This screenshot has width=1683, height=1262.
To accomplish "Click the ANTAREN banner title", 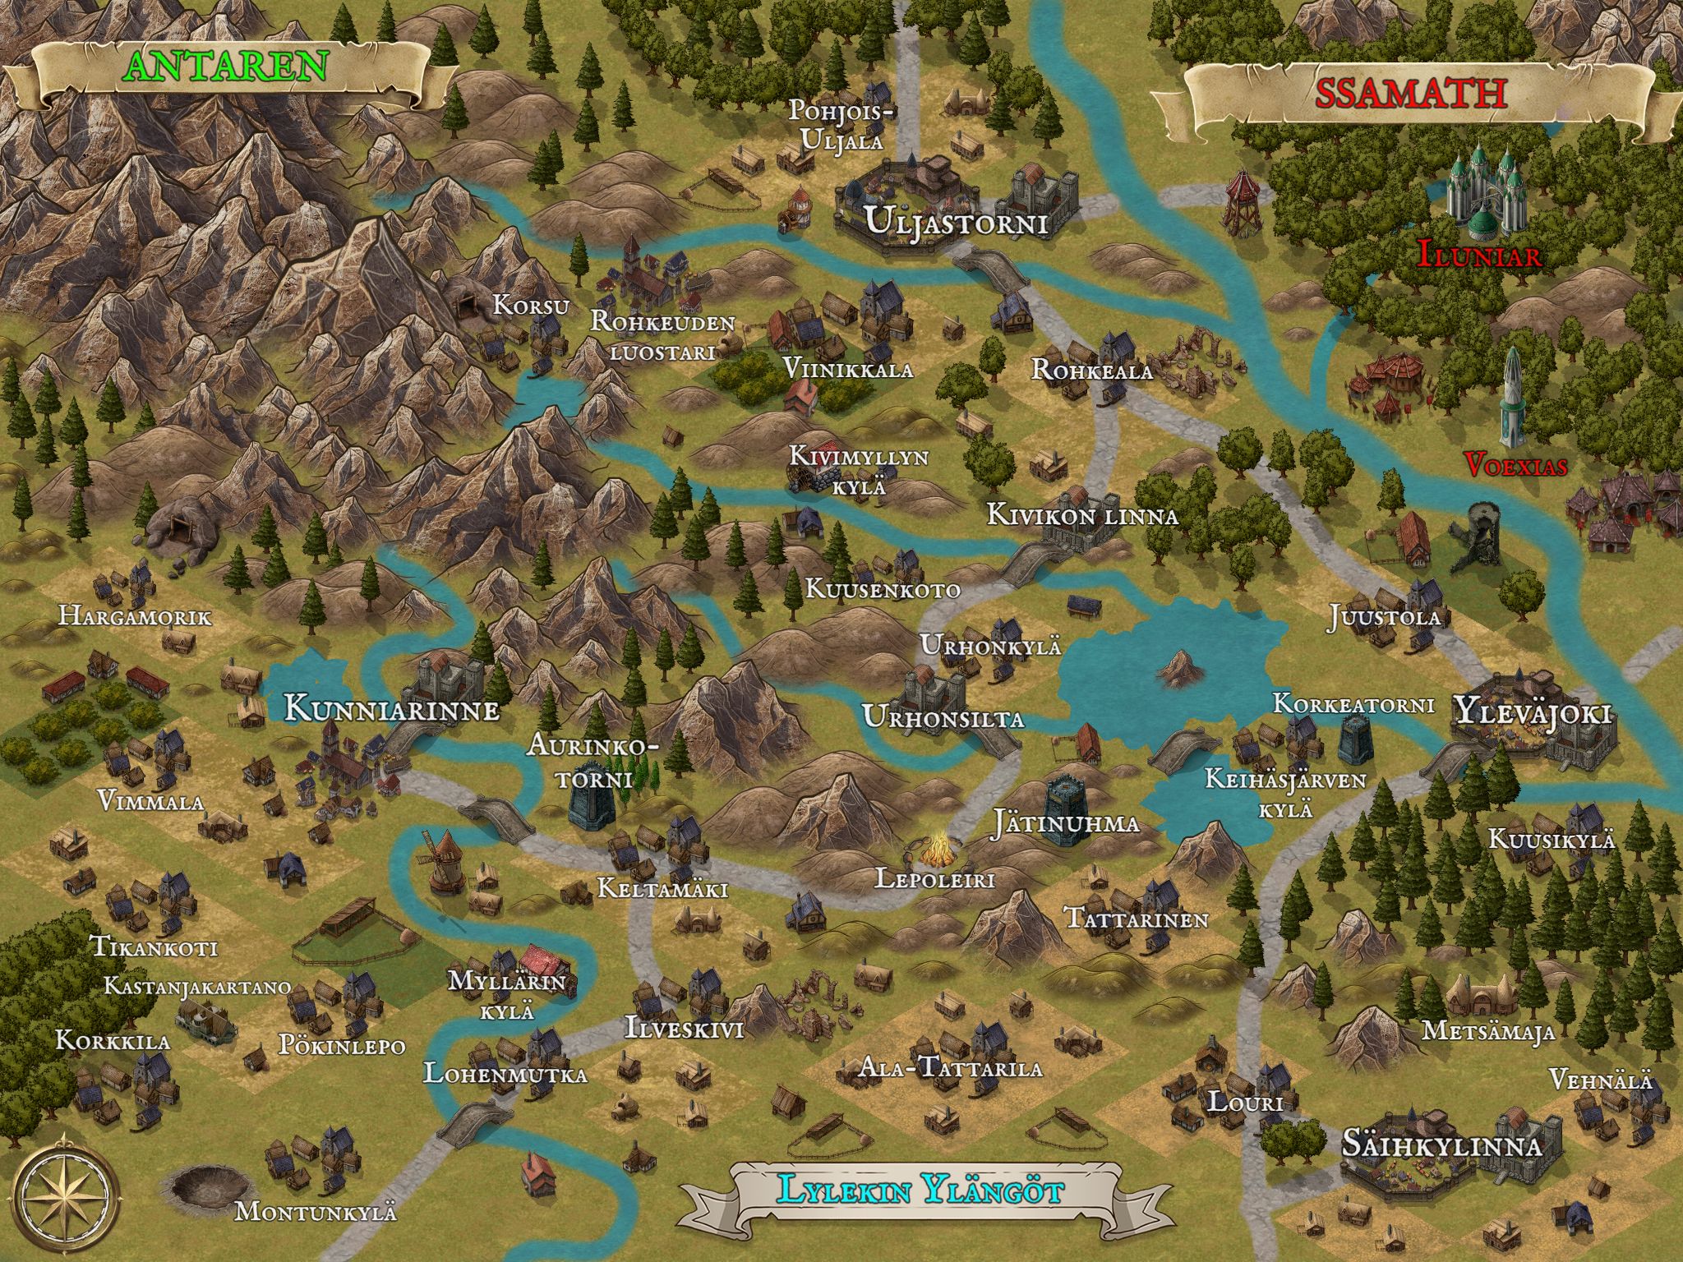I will point(227,67).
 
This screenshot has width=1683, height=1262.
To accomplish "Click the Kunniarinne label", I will point(392,709).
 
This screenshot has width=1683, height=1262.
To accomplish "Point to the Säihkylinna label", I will point(1440,1145).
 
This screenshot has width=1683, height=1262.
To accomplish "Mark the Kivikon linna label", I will point(1082,516).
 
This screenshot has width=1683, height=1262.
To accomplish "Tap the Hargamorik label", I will point(135,616).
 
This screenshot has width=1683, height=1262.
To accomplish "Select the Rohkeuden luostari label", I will point(662,335).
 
